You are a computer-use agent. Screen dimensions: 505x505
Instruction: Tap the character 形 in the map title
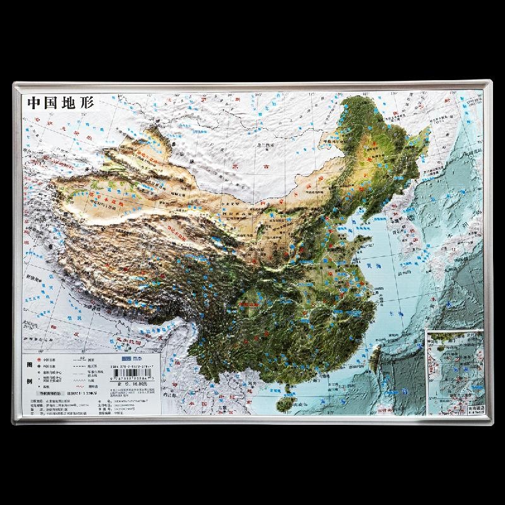coord(85,103)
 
